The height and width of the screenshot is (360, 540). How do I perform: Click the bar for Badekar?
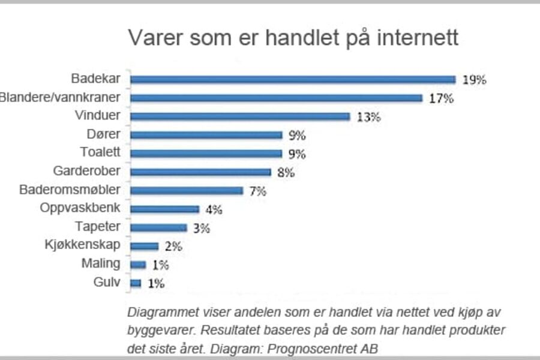(293, 79)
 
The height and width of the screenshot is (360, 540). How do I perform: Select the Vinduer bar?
(240, 116)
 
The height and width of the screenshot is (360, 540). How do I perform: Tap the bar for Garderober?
(200, 172)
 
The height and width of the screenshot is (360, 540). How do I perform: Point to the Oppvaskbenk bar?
(164, 209)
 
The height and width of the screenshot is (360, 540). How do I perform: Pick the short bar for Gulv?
(136, 283)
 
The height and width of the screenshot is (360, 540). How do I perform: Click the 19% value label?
(474, 80)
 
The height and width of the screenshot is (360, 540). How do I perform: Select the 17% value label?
(440, 98)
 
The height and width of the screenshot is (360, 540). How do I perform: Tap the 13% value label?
(368, 117)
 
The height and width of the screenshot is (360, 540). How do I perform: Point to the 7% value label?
(258, 191)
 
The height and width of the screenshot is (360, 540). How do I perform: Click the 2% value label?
(173, 247)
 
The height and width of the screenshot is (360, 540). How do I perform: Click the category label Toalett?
(100, 152)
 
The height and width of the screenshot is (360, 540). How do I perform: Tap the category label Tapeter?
(98, 227)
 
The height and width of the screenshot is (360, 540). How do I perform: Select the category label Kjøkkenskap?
(83, 245)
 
